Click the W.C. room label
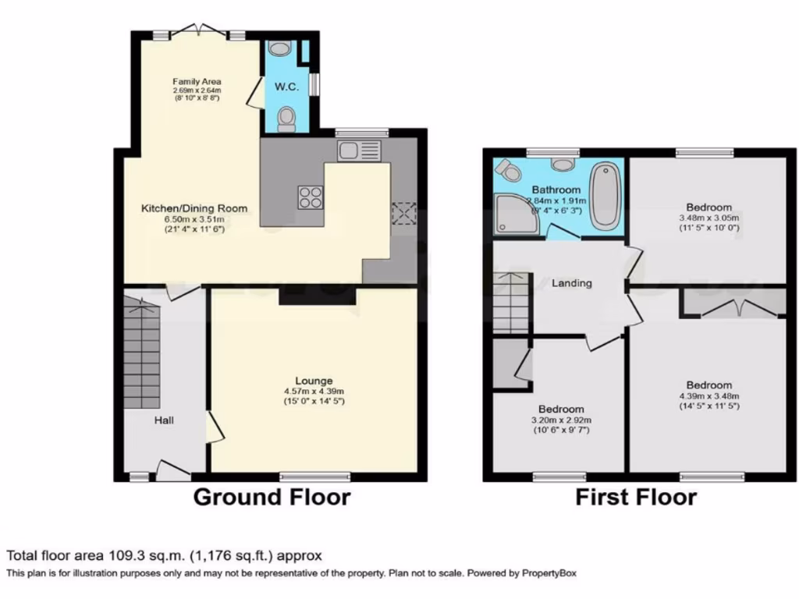(x=286, y=87)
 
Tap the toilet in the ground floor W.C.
(x=286, y=119)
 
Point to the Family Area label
(x=197, y=81)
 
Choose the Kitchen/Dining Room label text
(x=194, y=208)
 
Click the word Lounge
(x=314, y=381)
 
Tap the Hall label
(x=164, y=420)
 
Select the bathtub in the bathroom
(x=603, y=196)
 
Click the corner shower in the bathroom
(x=514, y=215)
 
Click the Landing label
(x=572, y=283)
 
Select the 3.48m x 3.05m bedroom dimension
(x=709, y=218)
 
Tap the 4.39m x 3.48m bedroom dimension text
(x=709, y=395)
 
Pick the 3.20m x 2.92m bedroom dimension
(x=561, y=420)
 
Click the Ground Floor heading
(x=272, y=497)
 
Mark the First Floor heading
(x=636, y=497)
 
